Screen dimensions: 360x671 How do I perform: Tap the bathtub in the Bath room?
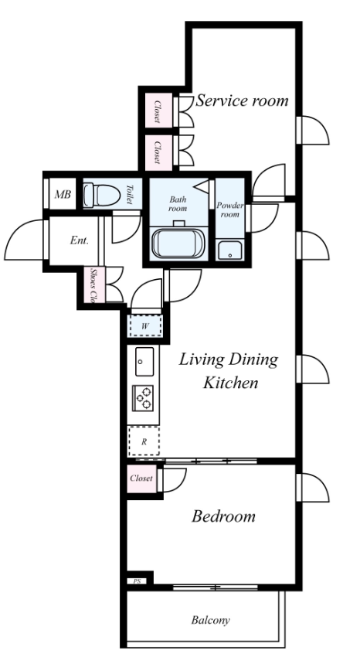[178, 244]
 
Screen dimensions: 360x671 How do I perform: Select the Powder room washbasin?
[229, 250]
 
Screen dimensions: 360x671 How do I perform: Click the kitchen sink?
[144, 362]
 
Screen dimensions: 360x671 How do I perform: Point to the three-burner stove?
[143, 398]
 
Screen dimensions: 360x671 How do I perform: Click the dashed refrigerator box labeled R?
[144, 441]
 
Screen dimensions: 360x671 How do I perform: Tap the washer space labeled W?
[145, 326]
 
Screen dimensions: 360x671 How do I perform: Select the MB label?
[63, 194]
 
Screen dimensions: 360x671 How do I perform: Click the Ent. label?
[80, 240]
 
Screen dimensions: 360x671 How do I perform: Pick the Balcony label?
[210, 620]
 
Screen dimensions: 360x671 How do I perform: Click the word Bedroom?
[223, 516]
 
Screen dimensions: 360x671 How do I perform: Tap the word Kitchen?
[230, 382]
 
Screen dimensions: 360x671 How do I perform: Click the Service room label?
[242, 100]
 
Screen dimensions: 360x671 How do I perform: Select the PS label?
[137, 581]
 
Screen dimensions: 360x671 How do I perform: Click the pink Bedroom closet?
[141, 479]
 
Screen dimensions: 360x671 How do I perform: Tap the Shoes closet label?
[92, 285]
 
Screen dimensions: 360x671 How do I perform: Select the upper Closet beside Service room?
[158, 111]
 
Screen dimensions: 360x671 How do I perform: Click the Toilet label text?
[130, 195]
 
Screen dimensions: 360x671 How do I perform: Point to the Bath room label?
[178, 204]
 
